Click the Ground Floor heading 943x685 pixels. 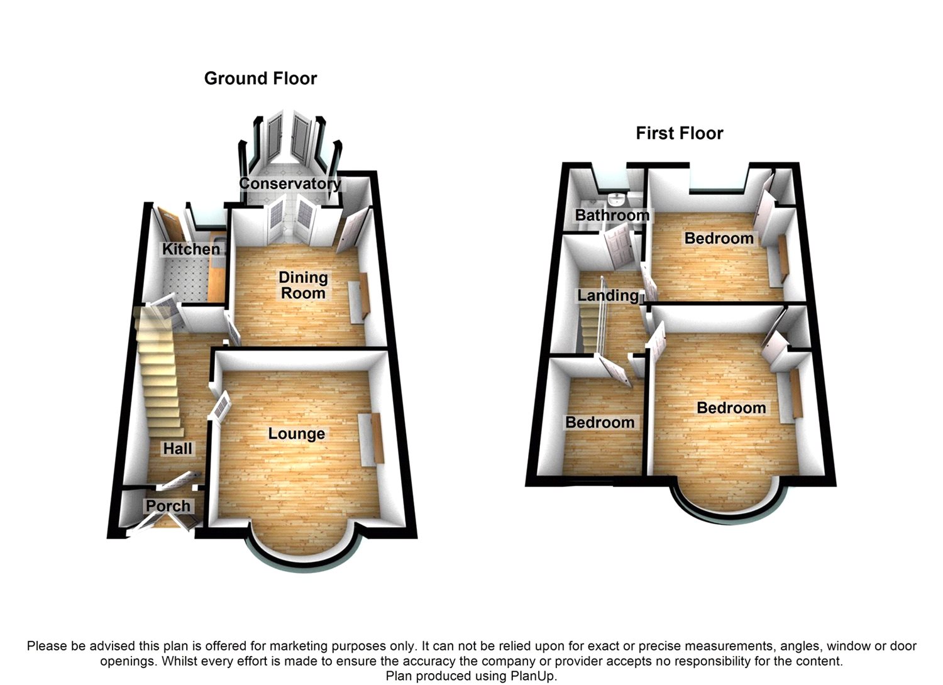[260, 79]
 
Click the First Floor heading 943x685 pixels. [679, 133]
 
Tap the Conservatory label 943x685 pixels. [290, 184]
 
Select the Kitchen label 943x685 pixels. [191, 249]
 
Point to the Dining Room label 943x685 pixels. [303, 285]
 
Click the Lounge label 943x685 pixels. [296, 434]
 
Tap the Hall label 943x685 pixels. [177, 448]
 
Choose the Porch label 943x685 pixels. [168, 506]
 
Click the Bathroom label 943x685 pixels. [612, 215]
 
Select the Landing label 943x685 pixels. [608, 295]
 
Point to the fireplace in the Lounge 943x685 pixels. [371, 439]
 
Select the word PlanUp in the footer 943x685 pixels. [534, 676]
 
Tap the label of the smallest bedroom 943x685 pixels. [600, 422]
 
